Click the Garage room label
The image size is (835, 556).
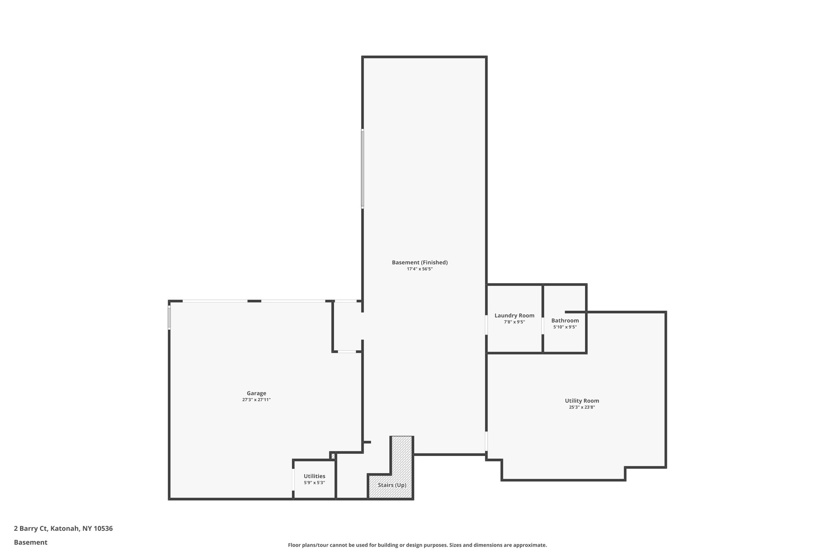click(256, 393)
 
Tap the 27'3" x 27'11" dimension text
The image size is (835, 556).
click(256, 400)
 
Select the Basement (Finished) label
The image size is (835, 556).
click(420, 262)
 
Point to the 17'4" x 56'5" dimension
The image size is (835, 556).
click(420, 269)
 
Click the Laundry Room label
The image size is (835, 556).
click(514, 315)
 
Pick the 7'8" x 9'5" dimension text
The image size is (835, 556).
click(514, 322)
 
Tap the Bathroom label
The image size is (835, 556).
click(565, 321)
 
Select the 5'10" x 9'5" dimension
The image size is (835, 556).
click(565, 327)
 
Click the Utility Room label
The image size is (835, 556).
click(582, 401)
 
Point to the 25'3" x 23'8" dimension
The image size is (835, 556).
click(582, 407)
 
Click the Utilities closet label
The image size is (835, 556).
click(314, 476)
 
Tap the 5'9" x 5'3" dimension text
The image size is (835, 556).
click(314, 483)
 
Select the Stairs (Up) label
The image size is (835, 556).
click(392, 485)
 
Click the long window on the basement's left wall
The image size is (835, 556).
click(362, 169)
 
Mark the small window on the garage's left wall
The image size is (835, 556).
click(169, 318)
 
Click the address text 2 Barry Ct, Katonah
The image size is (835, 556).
click(63, 528)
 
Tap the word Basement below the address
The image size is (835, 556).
click(31, 542)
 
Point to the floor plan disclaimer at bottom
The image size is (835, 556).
click(417, 545)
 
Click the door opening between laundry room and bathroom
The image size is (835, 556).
click(543, 325)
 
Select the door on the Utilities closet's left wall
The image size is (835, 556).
click(293, 480)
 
